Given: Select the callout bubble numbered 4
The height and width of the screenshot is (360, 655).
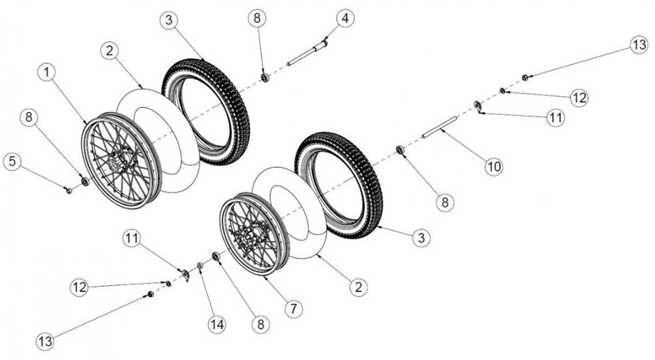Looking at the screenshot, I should (x=344, y=18).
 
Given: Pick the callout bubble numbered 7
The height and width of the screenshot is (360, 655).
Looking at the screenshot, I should (x=293, y=309).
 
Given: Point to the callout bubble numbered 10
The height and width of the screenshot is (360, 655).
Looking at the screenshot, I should (x=493, y=167).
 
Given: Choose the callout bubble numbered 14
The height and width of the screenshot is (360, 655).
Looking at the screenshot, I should (x=217, y=325).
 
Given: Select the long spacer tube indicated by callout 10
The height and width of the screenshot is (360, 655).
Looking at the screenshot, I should (x=441, y=127).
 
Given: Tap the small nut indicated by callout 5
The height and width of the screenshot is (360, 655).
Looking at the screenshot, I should (x=69, y=190).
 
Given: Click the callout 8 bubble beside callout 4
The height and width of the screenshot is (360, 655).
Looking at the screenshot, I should (x=257, y=18).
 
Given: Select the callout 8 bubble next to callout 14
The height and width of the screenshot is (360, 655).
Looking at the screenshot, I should (x=261, y=325).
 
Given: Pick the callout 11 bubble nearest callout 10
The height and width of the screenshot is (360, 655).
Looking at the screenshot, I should (x=555, y=118).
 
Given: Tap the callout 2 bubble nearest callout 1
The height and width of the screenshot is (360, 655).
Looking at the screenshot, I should (x=109, y=51).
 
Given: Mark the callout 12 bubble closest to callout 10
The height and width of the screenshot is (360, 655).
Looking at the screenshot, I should (x=578, y=97).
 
